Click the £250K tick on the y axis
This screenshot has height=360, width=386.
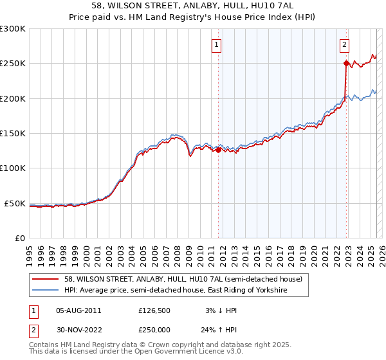(13, 64)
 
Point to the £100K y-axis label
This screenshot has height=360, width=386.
(13, 168)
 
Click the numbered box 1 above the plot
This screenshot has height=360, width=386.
(216, 45)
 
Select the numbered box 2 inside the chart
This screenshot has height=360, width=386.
(345, 45)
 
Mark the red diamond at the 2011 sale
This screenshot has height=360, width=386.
(218, 150)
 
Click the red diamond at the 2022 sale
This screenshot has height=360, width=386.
(347, 63)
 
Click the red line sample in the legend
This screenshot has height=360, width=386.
(46, 278)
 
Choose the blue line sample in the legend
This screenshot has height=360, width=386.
(46, 291)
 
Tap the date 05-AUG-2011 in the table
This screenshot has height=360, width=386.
(78, 310)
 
